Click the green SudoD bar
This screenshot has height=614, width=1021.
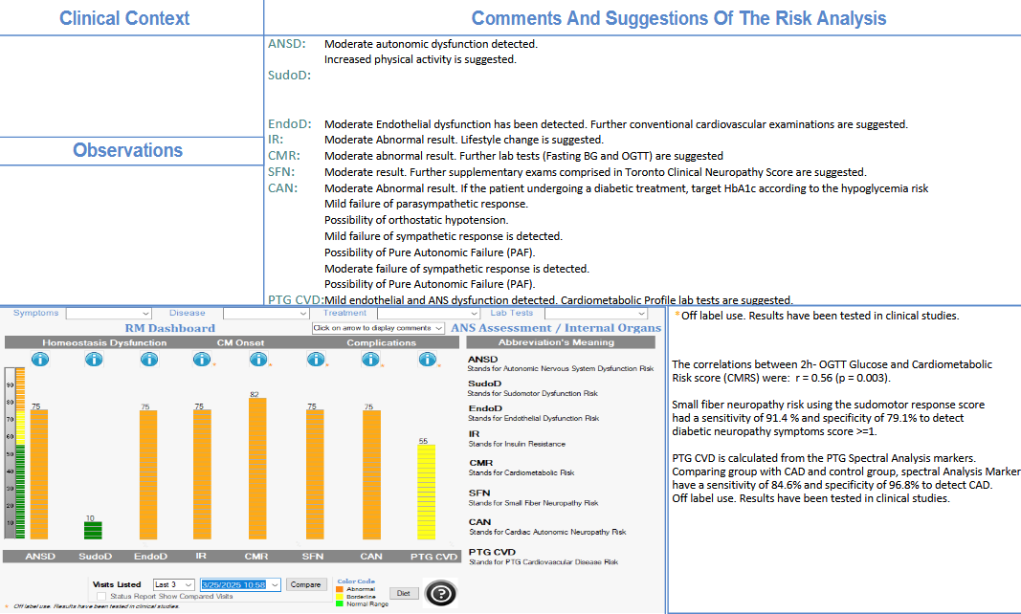coord(93,530)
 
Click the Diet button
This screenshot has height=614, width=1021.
coord(403,593)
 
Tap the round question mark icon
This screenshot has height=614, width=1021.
coord(439,594)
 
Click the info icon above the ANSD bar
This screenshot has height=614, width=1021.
coord(39,360)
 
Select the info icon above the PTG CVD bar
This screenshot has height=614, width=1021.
coord(426,360)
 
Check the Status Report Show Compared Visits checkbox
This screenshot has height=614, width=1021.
coord(101,596)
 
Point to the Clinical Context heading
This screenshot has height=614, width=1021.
coord(124,18)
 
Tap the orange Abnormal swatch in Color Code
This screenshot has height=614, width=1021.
coord(342,589)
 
